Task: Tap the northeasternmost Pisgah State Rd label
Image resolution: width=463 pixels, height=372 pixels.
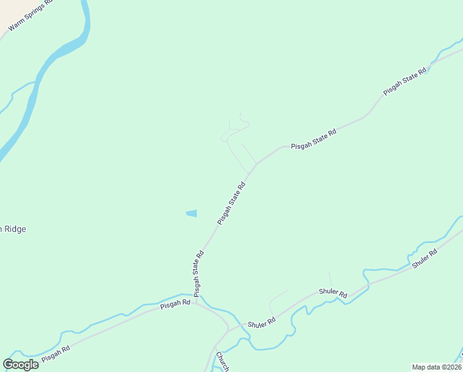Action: pyautogui.click(x=405, y=81)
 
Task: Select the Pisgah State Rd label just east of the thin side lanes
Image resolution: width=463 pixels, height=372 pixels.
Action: pyautogui.click(x=314, y=138)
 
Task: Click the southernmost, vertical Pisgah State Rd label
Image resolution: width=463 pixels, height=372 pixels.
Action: pyautogui.click(x=198, y=273)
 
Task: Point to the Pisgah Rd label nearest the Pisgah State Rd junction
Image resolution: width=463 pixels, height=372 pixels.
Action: pyautogui.click(x=175, y=304)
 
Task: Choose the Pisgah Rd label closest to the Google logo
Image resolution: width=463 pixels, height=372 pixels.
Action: pyautogui.click(x=56, y=354)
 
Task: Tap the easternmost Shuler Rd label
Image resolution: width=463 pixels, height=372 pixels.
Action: pyautogui.click(x=425, y=258)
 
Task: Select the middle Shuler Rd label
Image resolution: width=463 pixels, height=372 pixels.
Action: pyautogui.click(x=333, y=292)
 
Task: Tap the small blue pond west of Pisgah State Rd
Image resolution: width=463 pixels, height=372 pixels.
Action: pyautogui.click(x=191, y=214)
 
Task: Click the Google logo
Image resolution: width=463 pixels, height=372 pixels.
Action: pyautogui.click(x=20, y=365)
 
